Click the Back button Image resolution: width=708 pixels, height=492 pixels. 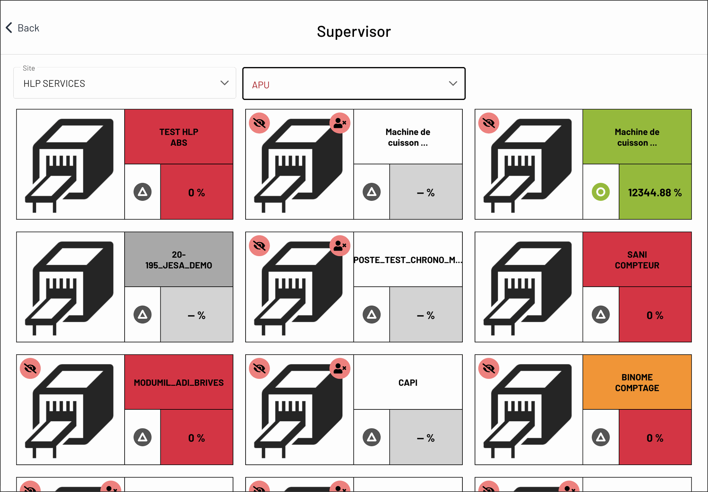click(x=23, y=28)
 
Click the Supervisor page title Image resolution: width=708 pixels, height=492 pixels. click(x=354, y=32)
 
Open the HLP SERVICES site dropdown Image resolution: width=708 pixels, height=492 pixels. click(x=125, y=83)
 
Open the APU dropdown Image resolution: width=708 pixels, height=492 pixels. click(x=354, y=84)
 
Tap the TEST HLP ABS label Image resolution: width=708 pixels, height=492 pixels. click(x=179, y=137)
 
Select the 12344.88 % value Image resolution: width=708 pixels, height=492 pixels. click(x=655, y=192)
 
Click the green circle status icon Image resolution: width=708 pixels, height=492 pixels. click(x=601, y=192)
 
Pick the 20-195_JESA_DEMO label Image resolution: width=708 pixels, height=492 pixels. click(x=179, y=260)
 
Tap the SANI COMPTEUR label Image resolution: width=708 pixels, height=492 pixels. click(x=637, y=260)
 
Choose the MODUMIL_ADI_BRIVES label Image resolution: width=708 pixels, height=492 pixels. click(x=179, y=383)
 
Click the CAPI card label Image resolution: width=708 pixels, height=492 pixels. click(x=408, y=383)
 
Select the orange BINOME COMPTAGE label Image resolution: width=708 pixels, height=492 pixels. click(x=637, y=383)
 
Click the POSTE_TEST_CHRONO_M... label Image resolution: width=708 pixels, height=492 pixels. click(x=408, y=260)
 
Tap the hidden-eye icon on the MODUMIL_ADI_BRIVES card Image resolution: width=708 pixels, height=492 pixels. click(x=30, y=368)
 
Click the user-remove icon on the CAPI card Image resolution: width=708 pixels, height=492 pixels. click(x=340, y=368)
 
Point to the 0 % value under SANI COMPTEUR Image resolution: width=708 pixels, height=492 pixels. click(x=655, y=315)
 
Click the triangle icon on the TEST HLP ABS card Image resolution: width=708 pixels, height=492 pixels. click(x=143, y=192)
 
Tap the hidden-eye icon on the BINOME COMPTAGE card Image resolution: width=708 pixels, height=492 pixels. click(x=489, y=368)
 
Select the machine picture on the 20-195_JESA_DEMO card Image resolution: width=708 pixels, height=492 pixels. click(x=70, y=287)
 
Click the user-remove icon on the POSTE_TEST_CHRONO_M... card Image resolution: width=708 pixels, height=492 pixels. click(x=340, y=245)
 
